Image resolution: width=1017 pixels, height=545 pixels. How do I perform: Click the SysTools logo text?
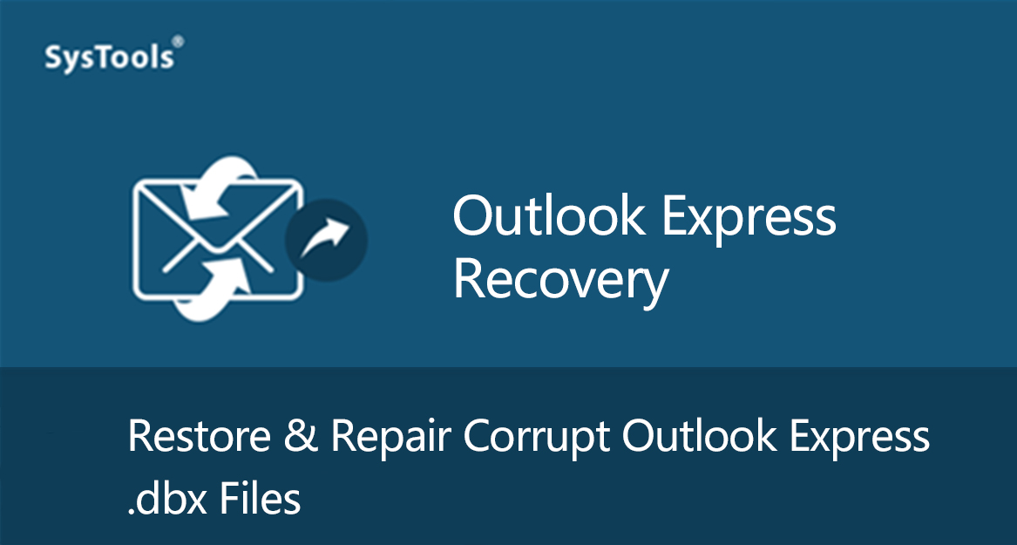coord(109,57)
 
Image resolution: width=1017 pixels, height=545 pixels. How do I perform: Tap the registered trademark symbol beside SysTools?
coord(179,42)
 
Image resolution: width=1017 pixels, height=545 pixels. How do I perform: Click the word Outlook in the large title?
coord(549,216)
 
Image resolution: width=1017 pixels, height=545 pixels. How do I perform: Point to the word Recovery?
coord(560,282)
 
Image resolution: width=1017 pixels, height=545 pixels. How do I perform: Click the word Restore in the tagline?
coord(199,436)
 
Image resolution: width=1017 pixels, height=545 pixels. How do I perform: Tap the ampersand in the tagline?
coord(301,436)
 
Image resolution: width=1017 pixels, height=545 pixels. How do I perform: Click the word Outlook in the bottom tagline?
coord(700,436)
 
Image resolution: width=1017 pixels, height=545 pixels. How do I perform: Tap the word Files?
coord(260,498)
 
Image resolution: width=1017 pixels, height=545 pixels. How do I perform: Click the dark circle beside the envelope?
coord(326,240)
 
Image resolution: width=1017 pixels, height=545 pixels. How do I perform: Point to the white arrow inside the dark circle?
coord(325,237)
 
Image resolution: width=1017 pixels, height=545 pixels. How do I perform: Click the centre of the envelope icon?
coord(218,240)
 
